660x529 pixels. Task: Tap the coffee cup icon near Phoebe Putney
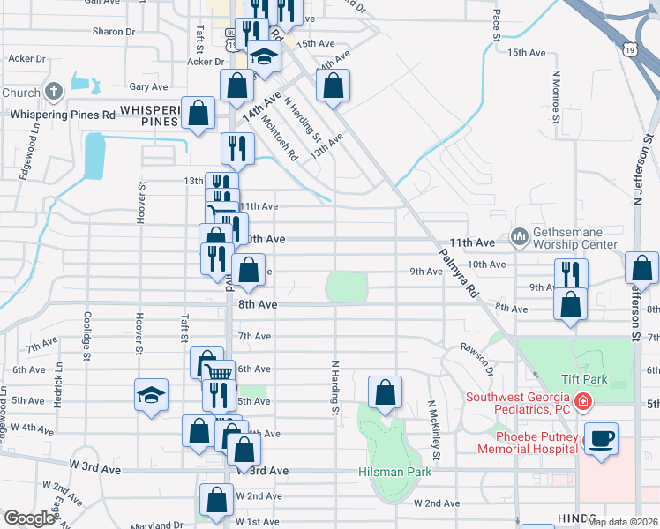coord(601,438)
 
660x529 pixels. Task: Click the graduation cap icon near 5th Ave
coord(151,395)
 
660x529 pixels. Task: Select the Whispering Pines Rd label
coord(62,115)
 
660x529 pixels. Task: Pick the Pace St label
coord(497,26)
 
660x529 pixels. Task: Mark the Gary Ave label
coord(148,87)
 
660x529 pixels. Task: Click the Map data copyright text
coord(623,522)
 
